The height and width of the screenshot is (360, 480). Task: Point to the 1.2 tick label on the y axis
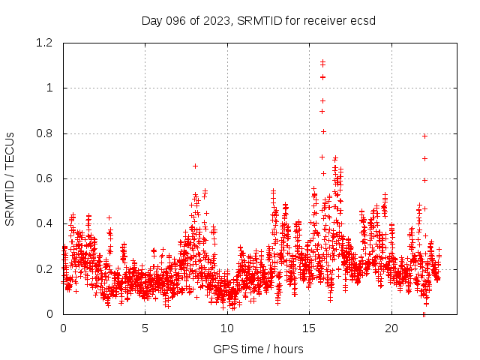[43, 43]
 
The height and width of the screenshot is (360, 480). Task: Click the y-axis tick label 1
[49, 88]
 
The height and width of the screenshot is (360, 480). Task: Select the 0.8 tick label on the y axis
[43, 133]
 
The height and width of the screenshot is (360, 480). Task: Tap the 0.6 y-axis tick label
[43, 178]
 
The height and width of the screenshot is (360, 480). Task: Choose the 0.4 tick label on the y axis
[43, 223]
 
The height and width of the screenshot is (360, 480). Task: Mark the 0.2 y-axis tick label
[43, 268]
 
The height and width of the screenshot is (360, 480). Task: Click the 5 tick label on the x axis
[145, 328]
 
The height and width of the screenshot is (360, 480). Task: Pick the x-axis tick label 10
[227, 328]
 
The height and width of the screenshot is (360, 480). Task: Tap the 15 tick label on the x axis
[310, 328]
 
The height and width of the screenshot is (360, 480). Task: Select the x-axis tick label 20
[391, 328]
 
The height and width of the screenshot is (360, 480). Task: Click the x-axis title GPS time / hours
[258, 349]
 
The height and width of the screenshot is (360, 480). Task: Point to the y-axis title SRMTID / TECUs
[10, 178]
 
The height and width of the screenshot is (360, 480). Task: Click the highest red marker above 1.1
[322, 61]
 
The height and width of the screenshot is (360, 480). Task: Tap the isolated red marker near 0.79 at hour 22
[424, 136]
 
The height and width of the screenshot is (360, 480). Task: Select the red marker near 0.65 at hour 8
[195, 166]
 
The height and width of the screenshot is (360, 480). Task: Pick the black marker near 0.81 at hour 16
[323, 131]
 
